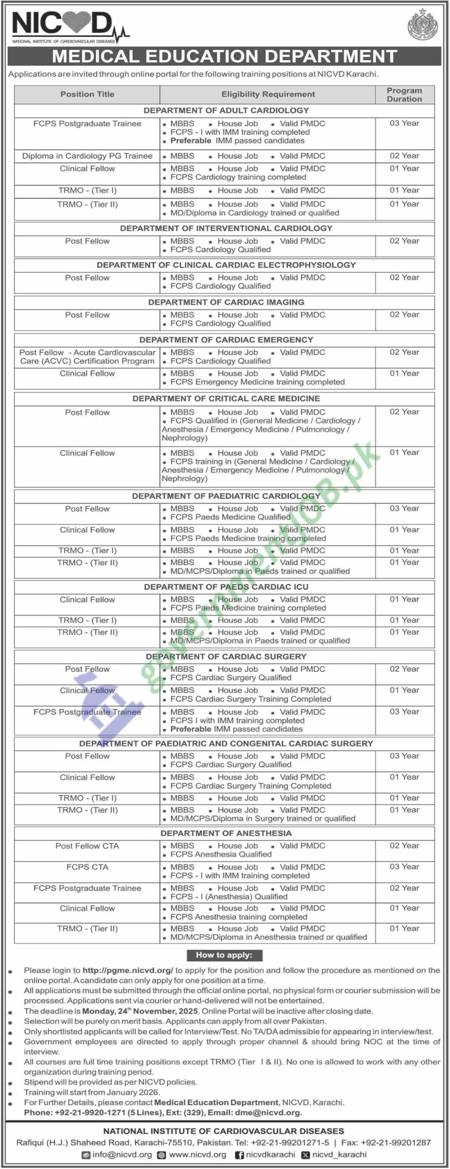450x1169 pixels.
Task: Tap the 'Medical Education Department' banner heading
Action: [225, 56]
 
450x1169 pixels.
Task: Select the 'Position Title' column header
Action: [87, 94]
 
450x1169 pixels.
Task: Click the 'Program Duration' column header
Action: [404, 95]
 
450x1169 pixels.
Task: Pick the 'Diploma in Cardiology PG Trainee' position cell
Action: [87, 156]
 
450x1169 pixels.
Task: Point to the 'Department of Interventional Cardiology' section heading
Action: [226, 228]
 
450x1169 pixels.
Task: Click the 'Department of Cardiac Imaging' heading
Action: [226, 302]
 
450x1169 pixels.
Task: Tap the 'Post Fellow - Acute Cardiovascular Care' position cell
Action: [87, 357]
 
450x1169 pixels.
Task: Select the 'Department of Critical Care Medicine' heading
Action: [226, 399]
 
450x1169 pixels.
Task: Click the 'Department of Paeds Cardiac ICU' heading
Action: [226, 587]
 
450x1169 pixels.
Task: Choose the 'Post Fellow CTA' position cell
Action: [87, 846]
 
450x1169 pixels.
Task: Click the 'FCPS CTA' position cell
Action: [87, 867]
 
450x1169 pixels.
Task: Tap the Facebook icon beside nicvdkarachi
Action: [239, 1155]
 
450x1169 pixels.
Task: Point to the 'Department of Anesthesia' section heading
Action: [226, 833]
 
